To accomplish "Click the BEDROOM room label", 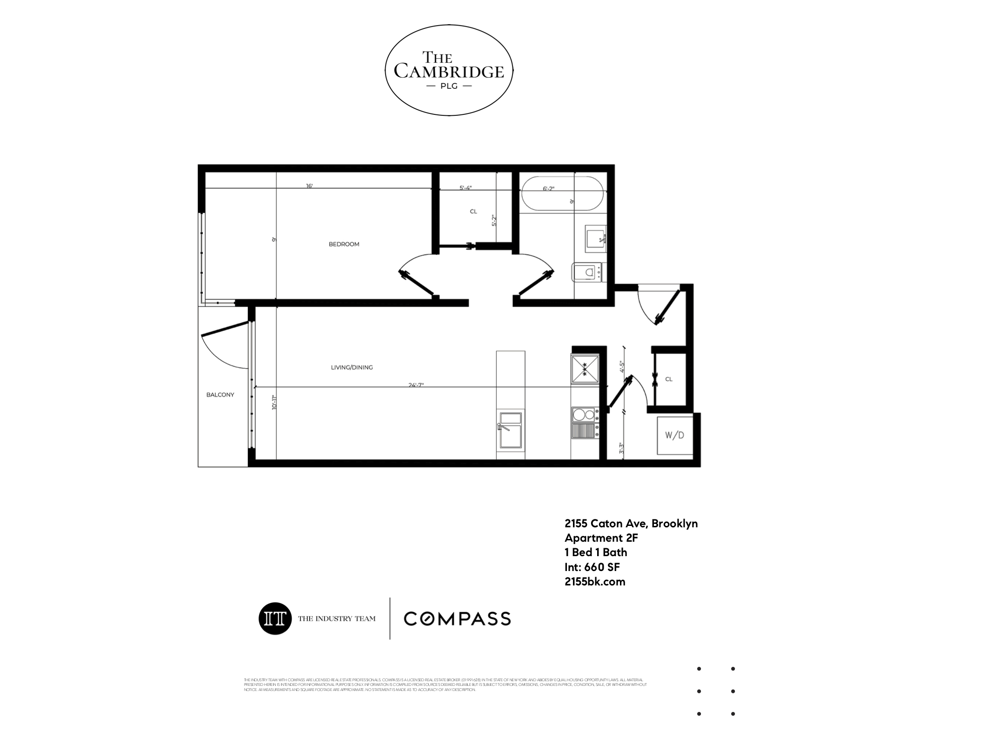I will coord(344,244).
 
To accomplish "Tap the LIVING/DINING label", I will coord(352,367).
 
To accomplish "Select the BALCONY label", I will coord(220,395).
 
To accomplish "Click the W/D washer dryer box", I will coord(674,436).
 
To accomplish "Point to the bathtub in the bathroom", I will coord(562,194).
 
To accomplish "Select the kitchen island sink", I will coord(510,430).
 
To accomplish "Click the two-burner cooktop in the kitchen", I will coord(584,414).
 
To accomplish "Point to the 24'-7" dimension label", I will coord(416,385).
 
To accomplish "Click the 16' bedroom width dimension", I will coord(309,186).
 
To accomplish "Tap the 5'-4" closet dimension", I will coord(465,188).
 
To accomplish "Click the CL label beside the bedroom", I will coord(473,212).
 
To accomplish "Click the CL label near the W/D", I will coord(668,379).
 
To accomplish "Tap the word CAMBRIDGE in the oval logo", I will coord(449,71).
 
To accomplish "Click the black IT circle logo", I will coord(275,618).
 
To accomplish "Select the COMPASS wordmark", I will coord(457,618).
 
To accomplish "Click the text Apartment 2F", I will coord(601,538).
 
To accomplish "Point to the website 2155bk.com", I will coord(594,582).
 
